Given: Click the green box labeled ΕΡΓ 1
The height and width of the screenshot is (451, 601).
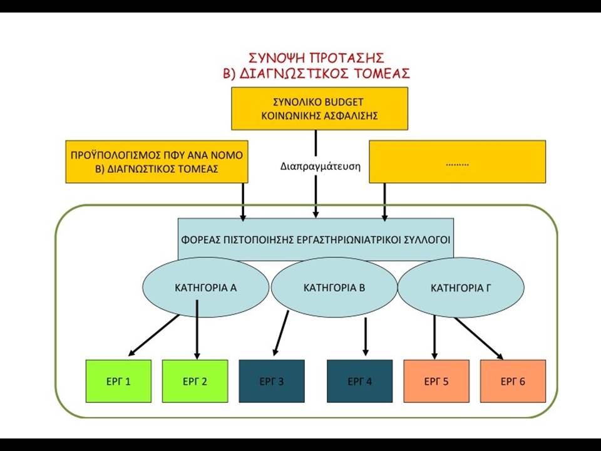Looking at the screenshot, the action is (x=118, y=381).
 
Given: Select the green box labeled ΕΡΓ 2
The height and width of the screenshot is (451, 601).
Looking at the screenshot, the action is (x=195, y=381).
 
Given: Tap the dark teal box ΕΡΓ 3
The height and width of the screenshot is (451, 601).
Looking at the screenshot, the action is (x=272, y=381).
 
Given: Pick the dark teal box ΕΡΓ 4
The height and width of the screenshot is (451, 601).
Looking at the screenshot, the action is (x=359, y=381).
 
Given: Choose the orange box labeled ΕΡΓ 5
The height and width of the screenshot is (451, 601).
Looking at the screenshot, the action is (x=436, y=381).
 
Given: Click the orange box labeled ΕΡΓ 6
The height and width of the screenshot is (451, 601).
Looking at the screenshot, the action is (x=513, y=381).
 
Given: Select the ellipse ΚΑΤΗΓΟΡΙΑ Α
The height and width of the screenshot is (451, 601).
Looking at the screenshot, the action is (x=206, y=288).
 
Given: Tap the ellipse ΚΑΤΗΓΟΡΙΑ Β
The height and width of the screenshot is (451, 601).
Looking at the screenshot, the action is (x=334, y=288).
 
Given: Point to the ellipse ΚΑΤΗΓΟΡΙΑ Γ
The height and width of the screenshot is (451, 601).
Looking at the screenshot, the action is (x=461, y=288).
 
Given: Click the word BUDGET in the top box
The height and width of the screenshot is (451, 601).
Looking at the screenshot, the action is (x=344, y=102).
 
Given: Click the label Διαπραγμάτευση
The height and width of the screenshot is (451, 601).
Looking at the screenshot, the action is (x=321, y=167).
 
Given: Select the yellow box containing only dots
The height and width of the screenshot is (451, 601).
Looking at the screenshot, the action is (x=457, y=162).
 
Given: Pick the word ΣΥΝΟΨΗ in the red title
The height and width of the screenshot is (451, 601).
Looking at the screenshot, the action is (x=276, y=58).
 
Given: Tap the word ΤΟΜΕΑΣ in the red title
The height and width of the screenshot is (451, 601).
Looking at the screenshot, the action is (x=381, y=73).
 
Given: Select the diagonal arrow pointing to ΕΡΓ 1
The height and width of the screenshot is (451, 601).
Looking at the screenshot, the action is (x=154, y=335).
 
